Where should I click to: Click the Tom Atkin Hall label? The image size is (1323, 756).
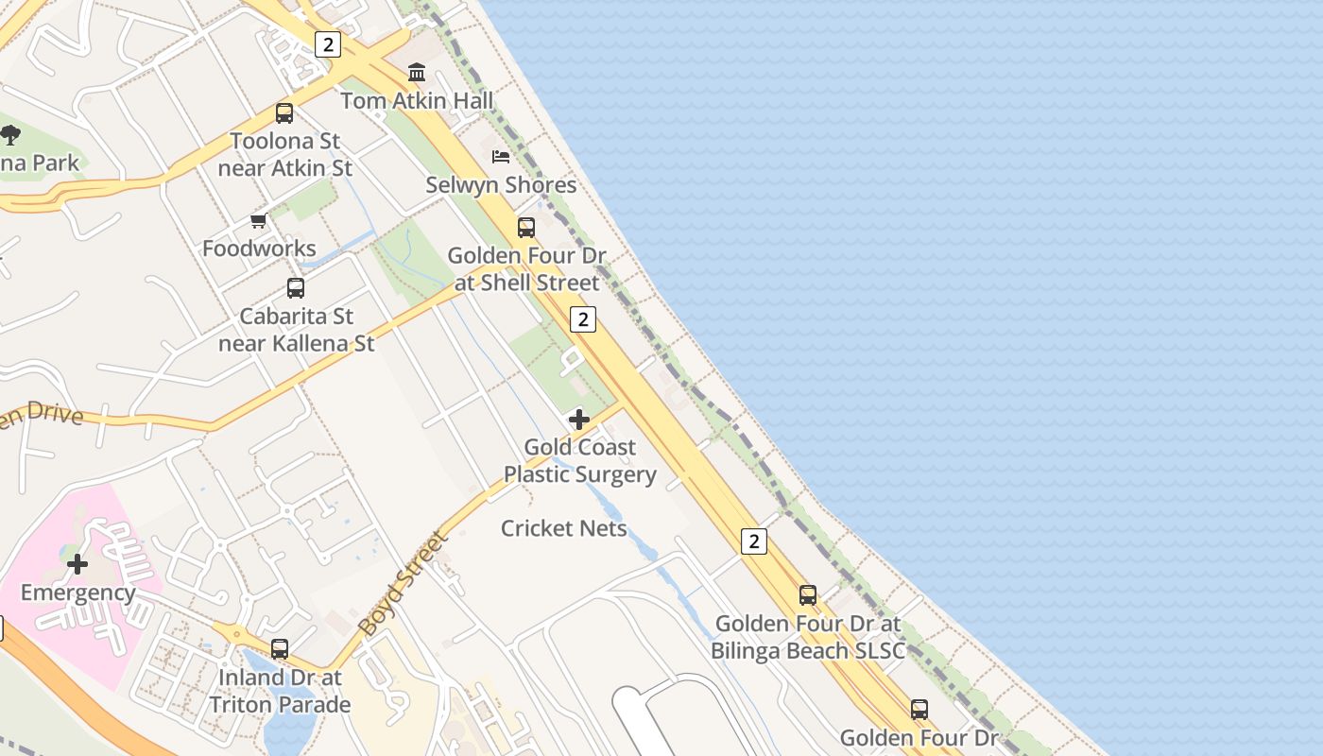(x=417, y=100)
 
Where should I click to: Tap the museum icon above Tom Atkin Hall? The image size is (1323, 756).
(x=417, y=73)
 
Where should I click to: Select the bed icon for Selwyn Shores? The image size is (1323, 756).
(x=501, y=156)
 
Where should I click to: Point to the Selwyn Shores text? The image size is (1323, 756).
(x=501, y=184)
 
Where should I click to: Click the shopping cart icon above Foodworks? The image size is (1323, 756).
(x=259, y=221)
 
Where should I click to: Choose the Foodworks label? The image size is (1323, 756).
(x=259, y=249)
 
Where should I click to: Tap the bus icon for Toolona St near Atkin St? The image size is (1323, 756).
(x=284, y=113)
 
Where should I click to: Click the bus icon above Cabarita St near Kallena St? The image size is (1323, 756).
(x=296, y=288)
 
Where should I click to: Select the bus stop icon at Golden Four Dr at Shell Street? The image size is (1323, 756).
(x=526, y=228)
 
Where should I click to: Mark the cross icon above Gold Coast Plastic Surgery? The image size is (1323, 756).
(x=579, y=420)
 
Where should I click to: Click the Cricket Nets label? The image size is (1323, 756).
(x=564, y=528)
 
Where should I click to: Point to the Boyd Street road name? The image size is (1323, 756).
(x=402, y=584)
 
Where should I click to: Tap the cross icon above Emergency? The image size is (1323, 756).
(x=77, y=565)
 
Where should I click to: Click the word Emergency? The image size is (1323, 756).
(x=77, y=593)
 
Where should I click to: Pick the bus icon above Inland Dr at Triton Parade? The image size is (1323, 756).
(x=280, y=649)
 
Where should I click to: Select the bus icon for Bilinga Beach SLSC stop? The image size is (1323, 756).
(x=808, y=595)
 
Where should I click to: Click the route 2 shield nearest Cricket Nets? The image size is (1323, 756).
(x=753, y=541)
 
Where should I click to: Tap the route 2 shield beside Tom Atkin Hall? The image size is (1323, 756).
(x=327, y=44)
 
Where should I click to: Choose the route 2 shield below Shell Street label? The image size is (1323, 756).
(x=583, y=319)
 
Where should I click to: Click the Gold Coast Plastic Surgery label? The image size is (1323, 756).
(x=579, y=460)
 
